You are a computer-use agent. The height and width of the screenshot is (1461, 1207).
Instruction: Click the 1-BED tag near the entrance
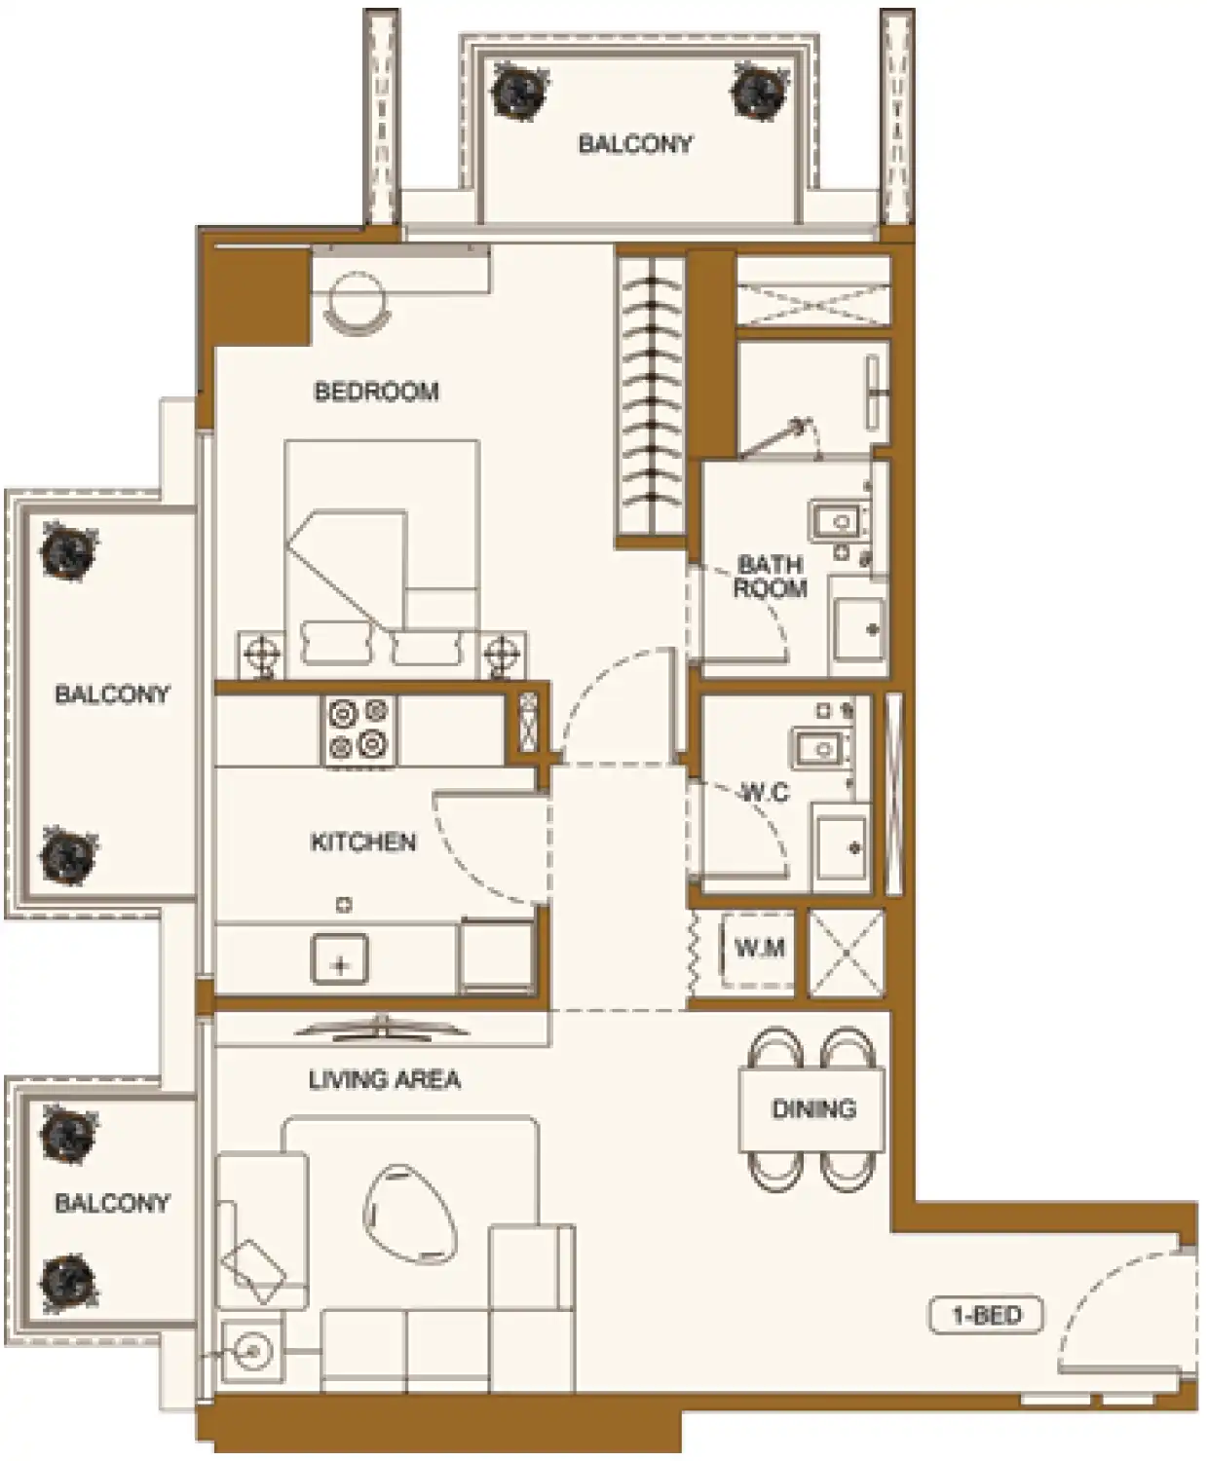point(986,1316)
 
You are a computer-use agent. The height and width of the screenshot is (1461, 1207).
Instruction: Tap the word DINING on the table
point(813,1108)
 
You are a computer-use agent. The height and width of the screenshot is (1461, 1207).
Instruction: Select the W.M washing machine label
point(759,948)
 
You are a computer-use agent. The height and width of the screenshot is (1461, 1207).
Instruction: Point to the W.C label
point(765,793)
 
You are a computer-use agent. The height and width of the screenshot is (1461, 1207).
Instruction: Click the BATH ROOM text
point(770,576)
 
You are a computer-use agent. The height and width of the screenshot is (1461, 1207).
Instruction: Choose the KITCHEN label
point(363,842)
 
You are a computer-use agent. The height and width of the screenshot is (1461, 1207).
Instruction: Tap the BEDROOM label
point(376,392)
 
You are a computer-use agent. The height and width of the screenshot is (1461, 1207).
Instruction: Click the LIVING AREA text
point(384,1079)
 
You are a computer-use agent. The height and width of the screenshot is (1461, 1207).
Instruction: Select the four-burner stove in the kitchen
point(358,730)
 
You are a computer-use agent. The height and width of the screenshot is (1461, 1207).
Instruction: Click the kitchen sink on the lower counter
point(339,958)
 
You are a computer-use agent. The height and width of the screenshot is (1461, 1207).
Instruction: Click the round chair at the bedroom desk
point(354,302)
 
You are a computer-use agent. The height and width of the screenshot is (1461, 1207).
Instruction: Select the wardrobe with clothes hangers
point(652,394)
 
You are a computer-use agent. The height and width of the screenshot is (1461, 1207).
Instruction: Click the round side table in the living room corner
point(251,1351)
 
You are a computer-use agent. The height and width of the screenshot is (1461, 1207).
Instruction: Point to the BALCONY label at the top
point(635,144)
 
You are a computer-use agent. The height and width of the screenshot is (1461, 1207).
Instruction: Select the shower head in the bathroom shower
point(803,426)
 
